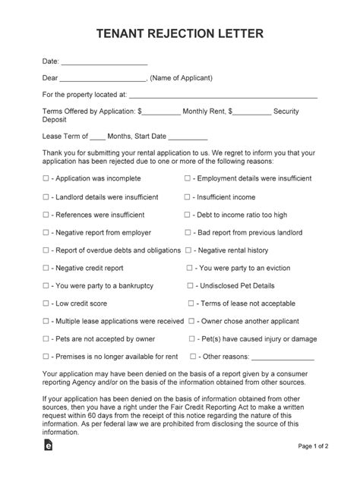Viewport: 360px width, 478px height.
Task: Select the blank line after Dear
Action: tap(102, 79)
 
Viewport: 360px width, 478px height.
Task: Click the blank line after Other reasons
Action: tap(283, 357)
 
